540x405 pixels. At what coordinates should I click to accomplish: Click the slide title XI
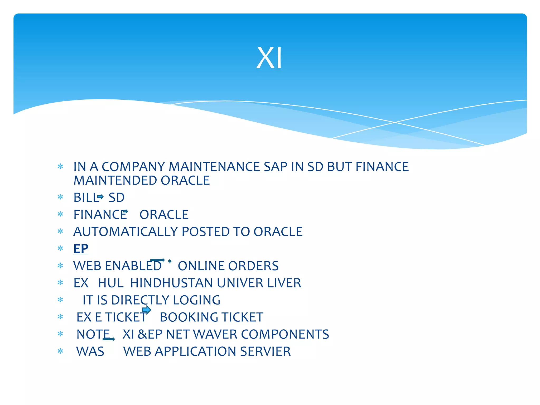[269, 58]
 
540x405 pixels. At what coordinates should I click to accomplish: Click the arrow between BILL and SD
[100, 197]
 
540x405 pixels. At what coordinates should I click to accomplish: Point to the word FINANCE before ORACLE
[100, 215]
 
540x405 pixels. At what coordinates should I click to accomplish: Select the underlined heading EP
[81, 249]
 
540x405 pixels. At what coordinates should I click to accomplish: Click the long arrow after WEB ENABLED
[157, 260]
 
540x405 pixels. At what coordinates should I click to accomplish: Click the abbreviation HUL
[111, 283]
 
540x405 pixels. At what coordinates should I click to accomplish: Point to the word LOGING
[196, 300]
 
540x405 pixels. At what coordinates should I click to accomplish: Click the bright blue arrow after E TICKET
[147, 310]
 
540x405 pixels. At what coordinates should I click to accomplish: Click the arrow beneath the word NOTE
[109, 339]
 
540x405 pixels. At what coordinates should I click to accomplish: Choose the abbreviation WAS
[90, 351]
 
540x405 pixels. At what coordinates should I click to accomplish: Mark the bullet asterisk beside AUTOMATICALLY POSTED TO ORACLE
[60, 232]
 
